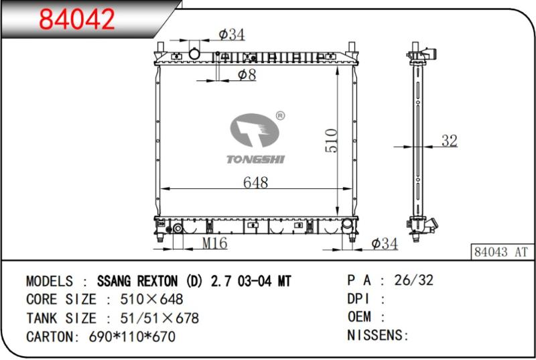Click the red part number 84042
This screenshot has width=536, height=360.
tap(77, 19)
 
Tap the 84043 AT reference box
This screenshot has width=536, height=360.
tap(501, 252)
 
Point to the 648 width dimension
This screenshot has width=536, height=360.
tap(255, 182)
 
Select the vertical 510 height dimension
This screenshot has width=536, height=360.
tap(331, 140)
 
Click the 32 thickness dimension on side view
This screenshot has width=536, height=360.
tap(449, 141)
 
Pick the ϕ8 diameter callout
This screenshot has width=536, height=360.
tap(247, 74)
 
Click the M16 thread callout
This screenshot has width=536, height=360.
tap(214, 243)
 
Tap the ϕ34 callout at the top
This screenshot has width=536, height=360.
tap(232, 34)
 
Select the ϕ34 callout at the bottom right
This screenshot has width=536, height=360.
tap(385, 243)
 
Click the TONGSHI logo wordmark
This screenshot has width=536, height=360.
tap(255, 159)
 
